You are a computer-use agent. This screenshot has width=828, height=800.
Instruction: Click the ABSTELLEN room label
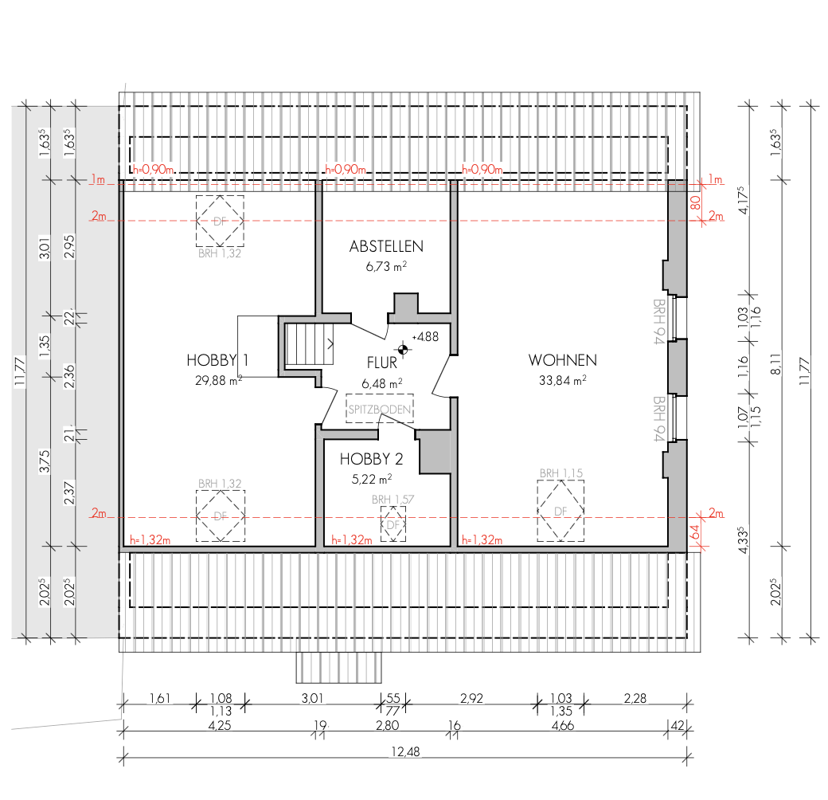click(x=386, y=246)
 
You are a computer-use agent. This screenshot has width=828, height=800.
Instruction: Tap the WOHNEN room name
click(x=562, y=360)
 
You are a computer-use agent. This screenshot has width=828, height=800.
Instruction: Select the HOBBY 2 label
click(x=371, y=459)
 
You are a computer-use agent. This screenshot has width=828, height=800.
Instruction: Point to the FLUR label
click(x=382, y=363)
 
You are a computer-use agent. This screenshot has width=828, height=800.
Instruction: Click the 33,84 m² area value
click(x=562, y=380)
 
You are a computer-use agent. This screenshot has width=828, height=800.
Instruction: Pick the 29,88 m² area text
click(x=219, y=380)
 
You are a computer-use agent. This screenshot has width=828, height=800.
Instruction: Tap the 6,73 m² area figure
click(x=386, y=266)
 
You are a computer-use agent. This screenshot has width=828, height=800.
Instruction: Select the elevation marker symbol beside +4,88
click(x=402, y=349)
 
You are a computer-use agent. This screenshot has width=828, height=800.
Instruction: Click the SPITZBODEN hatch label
click(x=380, y=409)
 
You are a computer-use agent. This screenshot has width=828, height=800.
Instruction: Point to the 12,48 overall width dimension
click(x=405, y=751)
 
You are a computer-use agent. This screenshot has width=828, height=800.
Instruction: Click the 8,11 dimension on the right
click(x=775, y=364)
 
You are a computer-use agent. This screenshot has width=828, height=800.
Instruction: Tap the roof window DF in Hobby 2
click(x=393, y=524)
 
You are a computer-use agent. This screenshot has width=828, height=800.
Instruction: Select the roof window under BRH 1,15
click(x=560, y=511)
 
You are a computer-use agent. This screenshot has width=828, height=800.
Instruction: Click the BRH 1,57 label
click(x=393, y=500)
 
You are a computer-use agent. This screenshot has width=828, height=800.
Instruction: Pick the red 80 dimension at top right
click(x=696, y=202)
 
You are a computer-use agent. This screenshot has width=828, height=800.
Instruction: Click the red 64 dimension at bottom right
click(x=696, y=531)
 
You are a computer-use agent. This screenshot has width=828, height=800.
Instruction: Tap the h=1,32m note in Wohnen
click(x=482, y=539)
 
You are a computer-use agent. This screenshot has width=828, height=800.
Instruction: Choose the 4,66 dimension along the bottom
click(x=562, y=725)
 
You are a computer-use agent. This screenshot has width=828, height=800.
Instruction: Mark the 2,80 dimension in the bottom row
click(x=387, y=725)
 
